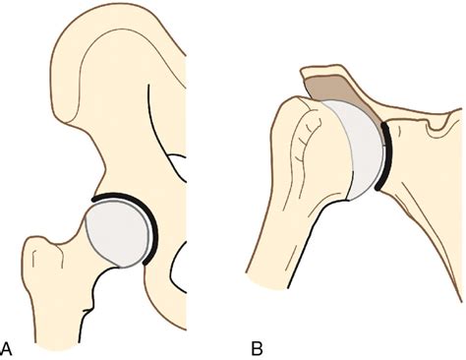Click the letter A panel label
pyautogui.click(x=8, y=346)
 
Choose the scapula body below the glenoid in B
pyautogui.click(x=423, y=216)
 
